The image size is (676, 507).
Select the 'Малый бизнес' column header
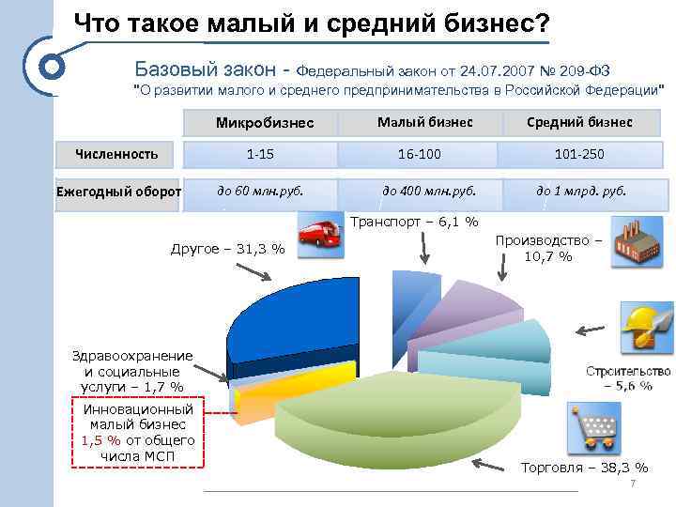click(424, 122)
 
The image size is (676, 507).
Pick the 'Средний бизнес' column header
click(579, 122)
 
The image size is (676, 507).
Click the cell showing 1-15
click(260, 154)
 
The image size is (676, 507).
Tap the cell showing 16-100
click(420, 154)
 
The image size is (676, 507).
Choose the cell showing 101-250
click(579, 154)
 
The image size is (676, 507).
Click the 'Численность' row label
click(116, 154)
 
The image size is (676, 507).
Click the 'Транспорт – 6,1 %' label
click(414, 223)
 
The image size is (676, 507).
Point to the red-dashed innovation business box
click(138, 433)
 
